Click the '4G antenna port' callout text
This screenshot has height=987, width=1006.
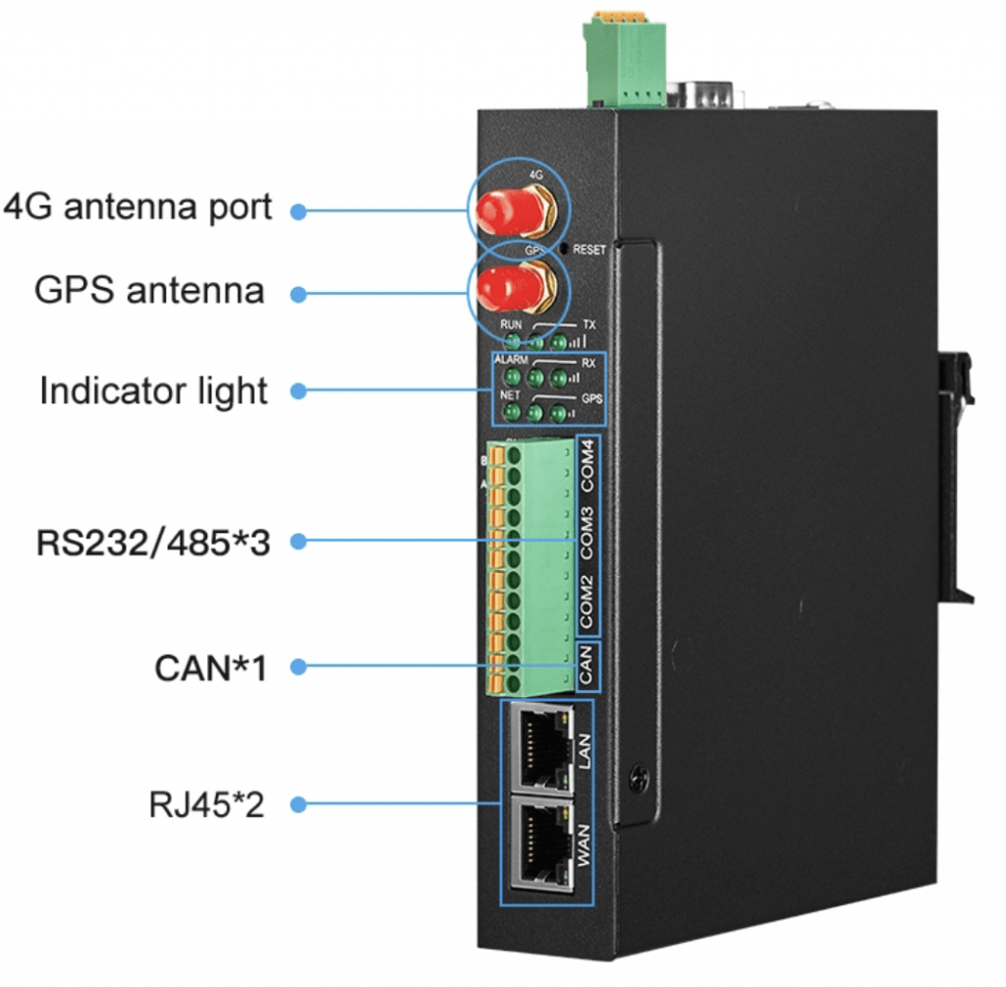pos(138,208)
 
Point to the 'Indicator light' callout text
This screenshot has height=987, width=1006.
pos(153,390)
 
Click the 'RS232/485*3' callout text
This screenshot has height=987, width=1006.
pos(152,541)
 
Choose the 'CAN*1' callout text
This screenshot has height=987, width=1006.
pos(210,668)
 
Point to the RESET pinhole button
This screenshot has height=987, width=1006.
pos(562,250)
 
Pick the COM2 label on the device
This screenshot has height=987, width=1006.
pos(588,602)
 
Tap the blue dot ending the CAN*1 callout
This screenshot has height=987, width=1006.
pos(299,668)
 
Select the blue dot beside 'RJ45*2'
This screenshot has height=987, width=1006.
pos(299,805)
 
